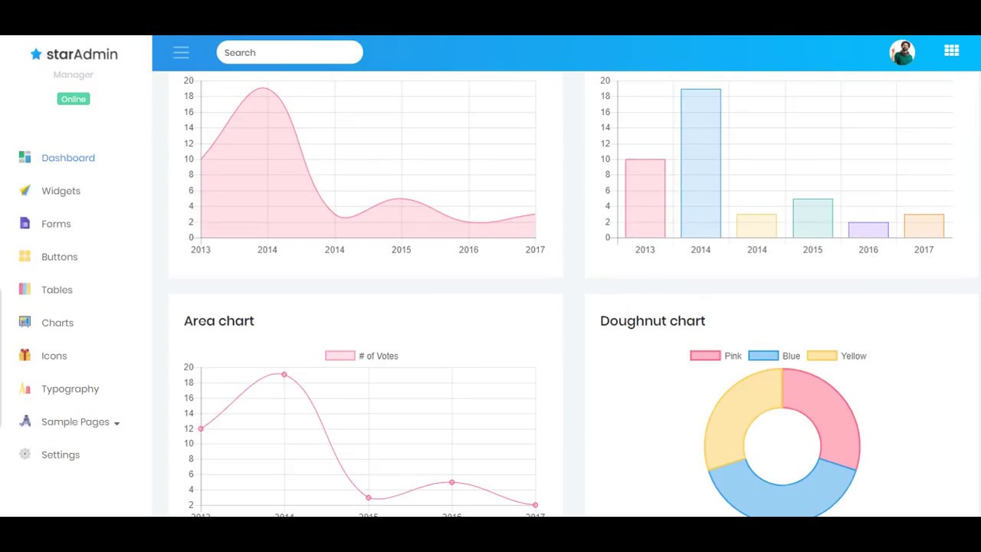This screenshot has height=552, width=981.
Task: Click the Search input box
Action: tap(289, 52)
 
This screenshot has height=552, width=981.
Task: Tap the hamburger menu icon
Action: tap(181, 52)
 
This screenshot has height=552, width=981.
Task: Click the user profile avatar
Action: tap(902, 52)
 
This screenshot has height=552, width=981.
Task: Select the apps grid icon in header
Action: tap(952, 51)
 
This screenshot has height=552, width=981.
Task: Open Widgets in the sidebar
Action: tap(61, 191)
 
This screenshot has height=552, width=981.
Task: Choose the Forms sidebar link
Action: tap(56, 224)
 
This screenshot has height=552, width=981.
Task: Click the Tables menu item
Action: tap(57, 290)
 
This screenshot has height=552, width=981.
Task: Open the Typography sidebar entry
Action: tap(70, 389)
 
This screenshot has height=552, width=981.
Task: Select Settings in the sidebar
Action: tap(60, 455)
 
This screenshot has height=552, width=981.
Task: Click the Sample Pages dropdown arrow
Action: tap(116, 423)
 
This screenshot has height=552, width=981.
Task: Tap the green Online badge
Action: tap(74, 99)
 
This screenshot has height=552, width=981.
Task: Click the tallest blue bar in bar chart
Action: tap(700, 163)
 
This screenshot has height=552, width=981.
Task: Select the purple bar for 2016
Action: tap(868, 229)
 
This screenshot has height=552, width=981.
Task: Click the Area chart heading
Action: tap(218, 320)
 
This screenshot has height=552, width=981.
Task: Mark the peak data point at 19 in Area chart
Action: tap(284, 374)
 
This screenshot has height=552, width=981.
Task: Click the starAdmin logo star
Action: tap(36, 54)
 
